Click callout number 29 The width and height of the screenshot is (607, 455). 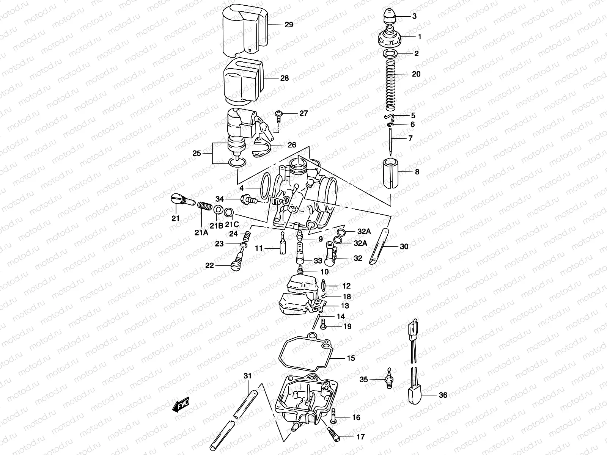[289, 25]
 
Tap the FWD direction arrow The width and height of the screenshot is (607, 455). [181, 405]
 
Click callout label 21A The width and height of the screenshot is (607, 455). [202, 232]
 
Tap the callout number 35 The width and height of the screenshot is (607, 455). [364, 379]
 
